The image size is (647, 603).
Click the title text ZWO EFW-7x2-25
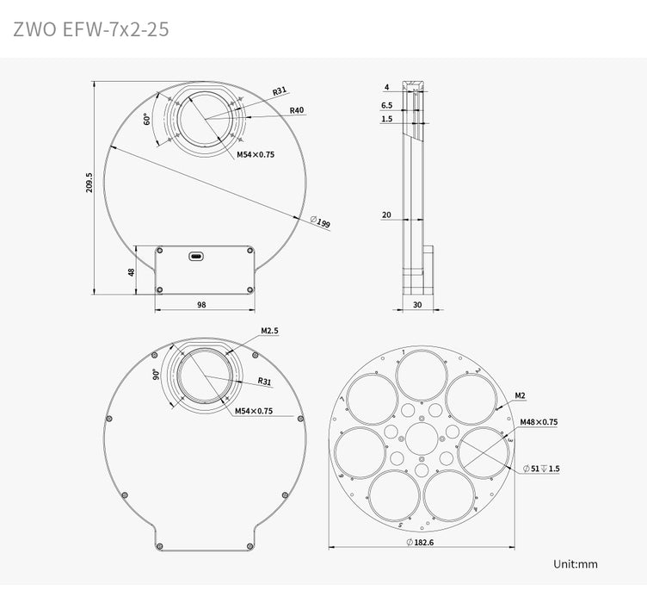pyautogui.click(x=90, y=29)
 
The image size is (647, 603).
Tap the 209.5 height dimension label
pyautogui.click(x=89, y=183)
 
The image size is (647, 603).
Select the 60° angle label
pyautogui.click(x=147, y=120)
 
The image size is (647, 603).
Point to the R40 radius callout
pyautogui.click(x=298, y=110)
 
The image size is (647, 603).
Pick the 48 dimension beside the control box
pyautogui.click(x=132, y=271)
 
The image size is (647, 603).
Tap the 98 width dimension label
pyautogui.click(x=201, y=304)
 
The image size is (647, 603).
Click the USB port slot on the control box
pyautogui.click(x=197, y=255)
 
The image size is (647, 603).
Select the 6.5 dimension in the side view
pyautogui.click(x=386, y=105)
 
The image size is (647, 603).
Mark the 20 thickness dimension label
pyautogui.click(x=386, y=214)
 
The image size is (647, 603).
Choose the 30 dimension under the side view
pyautogui.click(x=418, y=304)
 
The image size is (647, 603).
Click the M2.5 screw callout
pyautogui.click(x=269, y=331)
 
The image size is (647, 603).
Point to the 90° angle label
pyautogui.click(x=156, y=374)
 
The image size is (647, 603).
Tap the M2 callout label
pyautogui.click(x=521, y=395)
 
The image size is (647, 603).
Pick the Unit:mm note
pyautogui.click(x=576, y=564)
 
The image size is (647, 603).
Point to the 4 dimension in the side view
pyautogui.click(x=387, y=87)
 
